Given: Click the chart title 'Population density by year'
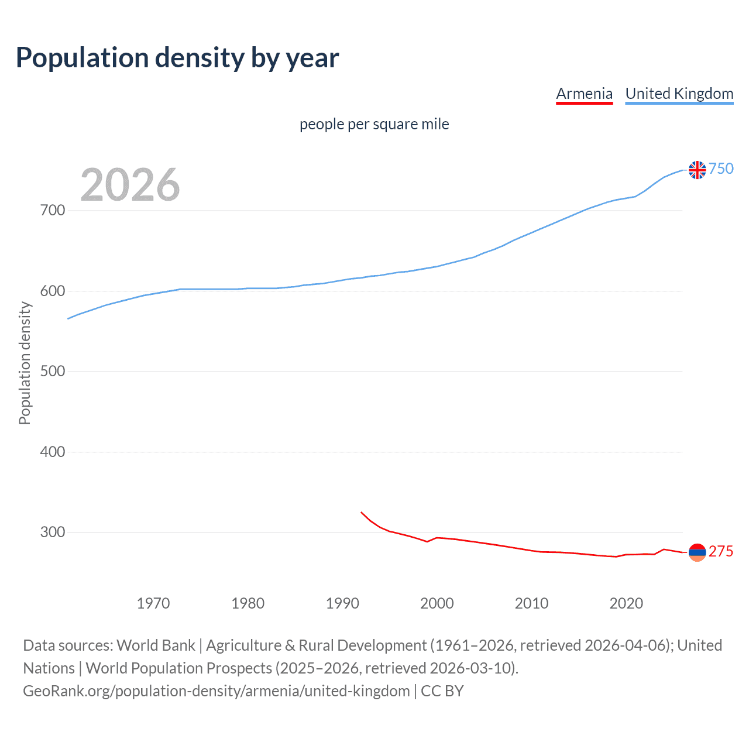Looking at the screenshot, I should (177, 58).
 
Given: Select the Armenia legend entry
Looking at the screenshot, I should (584, 94).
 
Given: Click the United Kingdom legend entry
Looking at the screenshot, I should (679, 94).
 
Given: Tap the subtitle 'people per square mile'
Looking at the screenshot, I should (374, 124).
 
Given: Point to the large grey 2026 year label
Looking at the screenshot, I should (130, 185).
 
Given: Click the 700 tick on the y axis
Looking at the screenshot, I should (53, 210).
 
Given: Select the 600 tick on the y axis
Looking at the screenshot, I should (53, 291).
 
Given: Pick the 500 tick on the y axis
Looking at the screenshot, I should (53, 372).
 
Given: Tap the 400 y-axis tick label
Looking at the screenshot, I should (53, 452).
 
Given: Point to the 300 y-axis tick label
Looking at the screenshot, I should (53, 532).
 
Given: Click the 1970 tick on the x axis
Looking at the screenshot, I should (153, 603).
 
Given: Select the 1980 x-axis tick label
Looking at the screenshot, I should (248, 603).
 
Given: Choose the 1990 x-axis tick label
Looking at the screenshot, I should (342, 603).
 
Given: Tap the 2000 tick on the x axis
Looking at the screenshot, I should (437, 603).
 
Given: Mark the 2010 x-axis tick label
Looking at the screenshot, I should (531, 603).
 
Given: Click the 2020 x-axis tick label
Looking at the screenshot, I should (626, 603).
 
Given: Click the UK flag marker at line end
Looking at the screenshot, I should (697, 170).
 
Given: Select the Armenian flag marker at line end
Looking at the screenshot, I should (697, 552).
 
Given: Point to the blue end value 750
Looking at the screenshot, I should (721, 169).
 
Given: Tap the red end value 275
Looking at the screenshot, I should (721, 552).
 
